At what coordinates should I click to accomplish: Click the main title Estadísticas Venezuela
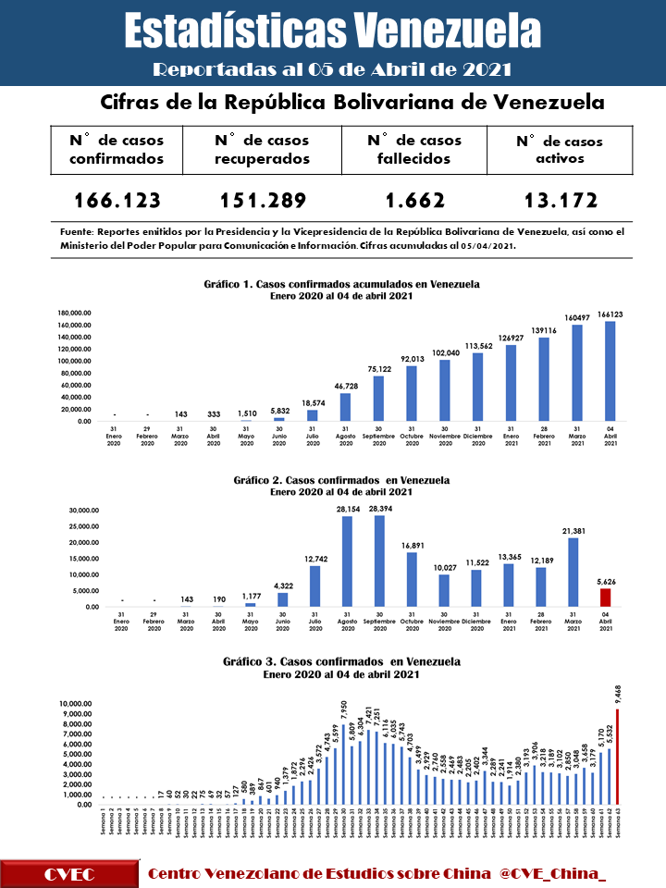click(332, 30)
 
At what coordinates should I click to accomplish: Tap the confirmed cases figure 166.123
click(117, 201)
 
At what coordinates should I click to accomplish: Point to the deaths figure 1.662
click(413, 201)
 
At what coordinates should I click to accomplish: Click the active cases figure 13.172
click(558, 201)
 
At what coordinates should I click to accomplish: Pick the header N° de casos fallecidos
click(413, 150)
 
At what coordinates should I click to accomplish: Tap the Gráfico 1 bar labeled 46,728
click(345, 407)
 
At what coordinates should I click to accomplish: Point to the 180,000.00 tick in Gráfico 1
click(75, 314)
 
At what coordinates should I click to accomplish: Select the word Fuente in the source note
click(74, 232)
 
